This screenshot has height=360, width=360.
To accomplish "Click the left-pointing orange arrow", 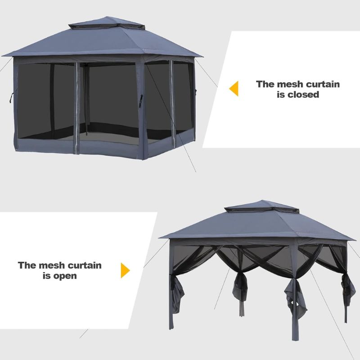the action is point(234,88).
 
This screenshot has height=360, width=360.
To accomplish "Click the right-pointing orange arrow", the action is point(126,270).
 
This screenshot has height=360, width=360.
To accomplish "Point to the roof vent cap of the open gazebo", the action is point(262,206).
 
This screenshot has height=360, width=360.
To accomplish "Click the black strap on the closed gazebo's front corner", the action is point(140,101).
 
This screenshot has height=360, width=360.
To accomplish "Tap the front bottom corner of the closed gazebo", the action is point(142,159).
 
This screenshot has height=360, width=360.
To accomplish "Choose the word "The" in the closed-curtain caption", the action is point(265,84).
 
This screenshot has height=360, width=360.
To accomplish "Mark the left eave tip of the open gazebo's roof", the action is point(159,238).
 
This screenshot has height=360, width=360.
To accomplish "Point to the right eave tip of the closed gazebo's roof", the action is point(202,57).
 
